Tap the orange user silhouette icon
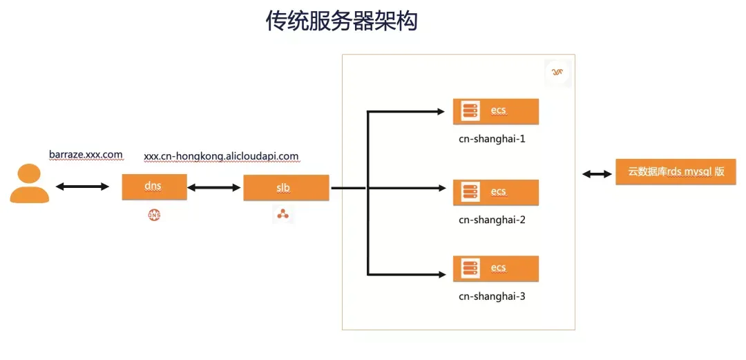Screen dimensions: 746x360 tap(30, 183)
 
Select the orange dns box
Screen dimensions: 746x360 tap(154, 187)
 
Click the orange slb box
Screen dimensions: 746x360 tap(286, 188)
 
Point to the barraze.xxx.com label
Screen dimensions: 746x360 tap(86, 155)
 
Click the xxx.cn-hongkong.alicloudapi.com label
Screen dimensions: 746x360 tap(221, 156)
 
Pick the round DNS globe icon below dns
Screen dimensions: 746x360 tap(154, 216)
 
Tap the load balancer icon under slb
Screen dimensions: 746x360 tap(283, 215)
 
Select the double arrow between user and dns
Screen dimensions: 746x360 tap(82, 187)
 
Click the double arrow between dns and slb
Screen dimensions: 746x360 tap(213, 188)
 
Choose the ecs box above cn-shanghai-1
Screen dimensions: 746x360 tap(496, 111)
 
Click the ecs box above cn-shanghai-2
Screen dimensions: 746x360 tap(496, 192)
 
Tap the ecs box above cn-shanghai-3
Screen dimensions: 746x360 tap(496, 269)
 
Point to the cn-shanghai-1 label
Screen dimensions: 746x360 tap(492, 140)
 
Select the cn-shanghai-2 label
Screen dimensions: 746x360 tap(492, 220)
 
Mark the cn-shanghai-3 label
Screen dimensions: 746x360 tap(492, 296)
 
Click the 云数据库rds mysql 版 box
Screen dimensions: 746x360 tap(676, 172)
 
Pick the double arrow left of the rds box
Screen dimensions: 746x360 tap(597, 175)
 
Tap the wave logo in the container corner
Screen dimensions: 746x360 tap(557, 73)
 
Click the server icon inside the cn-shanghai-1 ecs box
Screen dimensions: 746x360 tap(470, 111)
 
